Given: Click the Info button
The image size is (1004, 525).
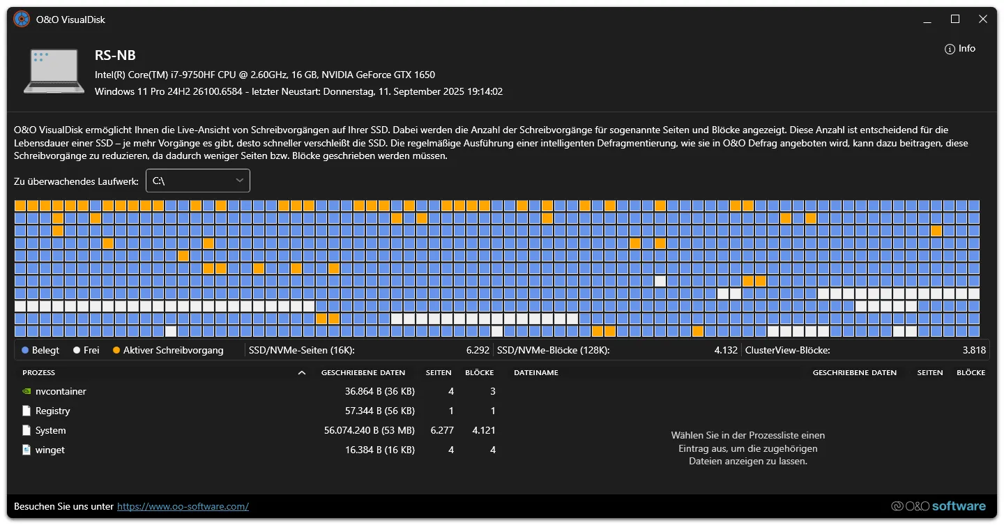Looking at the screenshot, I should point(960,49).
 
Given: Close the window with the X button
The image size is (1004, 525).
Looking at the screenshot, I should point(983,20).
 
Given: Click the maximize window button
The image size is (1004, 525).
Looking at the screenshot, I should point(955,20).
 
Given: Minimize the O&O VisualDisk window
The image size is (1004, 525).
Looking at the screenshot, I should point(927,20).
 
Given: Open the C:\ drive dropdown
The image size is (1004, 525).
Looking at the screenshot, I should point(198,181).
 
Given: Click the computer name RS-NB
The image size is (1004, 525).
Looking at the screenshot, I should point(115,56).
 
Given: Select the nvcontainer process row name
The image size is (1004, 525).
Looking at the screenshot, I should point(61,391).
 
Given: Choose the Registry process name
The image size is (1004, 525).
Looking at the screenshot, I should point(52,411).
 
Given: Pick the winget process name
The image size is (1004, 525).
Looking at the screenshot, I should point(50,450).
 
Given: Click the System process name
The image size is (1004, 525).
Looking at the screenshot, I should point(50,430).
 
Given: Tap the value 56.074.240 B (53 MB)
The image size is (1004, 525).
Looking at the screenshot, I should point(369,430).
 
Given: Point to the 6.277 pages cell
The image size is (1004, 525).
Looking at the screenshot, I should point(442,430).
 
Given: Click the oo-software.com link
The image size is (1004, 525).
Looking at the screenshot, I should point(183,506).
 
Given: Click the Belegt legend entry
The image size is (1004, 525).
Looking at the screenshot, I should point(41,350).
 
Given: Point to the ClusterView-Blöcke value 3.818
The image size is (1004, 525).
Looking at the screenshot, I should point(974,350).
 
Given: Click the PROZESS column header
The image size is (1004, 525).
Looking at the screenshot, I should point(38,372).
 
